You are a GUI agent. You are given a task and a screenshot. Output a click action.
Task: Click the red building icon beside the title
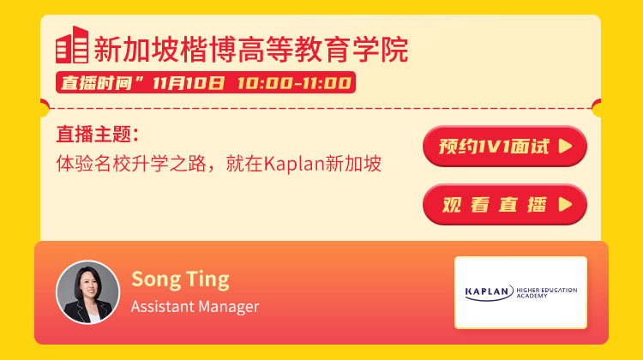click(72, 45)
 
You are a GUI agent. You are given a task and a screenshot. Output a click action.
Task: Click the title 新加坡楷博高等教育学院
click(251, 50)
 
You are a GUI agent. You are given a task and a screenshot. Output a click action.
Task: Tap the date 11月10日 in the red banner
click(189, 83)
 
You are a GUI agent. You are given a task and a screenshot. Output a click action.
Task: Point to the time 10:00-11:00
click(294, 83)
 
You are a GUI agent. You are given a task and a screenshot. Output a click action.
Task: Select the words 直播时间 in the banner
click(96, 83)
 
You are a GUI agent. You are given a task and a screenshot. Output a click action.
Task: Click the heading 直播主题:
click(98, 135)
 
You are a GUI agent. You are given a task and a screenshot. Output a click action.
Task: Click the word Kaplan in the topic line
click(293, 164)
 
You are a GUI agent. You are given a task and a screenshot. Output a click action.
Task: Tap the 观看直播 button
click(505, 204)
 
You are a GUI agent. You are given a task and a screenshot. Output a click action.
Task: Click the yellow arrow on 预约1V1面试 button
click(565, 146)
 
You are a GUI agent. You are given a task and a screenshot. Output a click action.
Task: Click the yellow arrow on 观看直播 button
click(565, 204)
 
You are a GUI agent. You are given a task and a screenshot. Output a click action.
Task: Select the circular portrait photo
click(87, 292)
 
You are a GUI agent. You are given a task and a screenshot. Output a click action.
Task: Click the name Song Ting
click(180, 279)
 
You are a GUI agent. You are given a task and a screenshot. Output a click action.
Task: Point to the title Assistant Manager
click(195, 307)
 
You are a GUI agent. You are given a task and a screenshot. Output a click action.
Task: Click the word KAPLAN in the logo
click(487, 291)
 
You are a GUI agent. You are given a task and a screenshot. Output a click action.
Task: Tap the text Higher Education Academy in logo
click(547, 292)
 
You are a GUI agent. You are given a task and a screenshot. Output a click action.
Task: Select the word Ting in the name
click(208, 279)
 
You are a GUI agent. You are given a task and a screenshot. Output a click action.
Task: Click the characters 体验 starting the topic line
click(75, 164)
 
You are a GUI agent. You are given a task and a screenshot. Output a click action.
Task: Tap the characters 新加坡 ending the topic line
click(353, 164)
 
